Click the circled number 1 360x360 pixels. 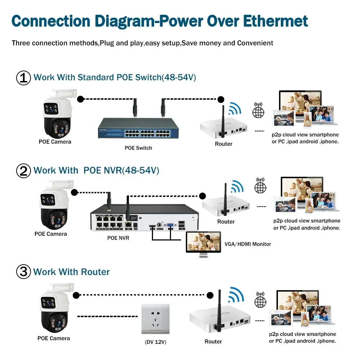pyautogui.click(x=24, y=78)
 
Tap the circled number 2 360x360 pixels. pyautogui.click(x=24, y=171)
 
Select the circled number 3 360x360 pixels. pyautogui.click(x=24, y=272)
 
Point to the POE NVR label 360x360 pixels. pyautogui.click(x=118, y=238)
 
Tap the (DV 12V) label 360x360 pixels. pyautogui.click(x=155, y=342)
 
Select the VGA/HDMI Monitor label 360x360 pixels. pyautogui.click(x=248, y=244)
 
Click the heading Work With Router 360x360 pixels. pyautogui.click(x=71, y=272)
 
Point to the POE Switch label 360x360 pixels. pyautogui.click(x=138, y=148)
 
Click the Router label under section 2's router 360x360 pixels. pyautogui.click(x=226, y=222)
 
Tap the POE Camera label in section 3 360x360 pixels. pyautogui.click(x=54, y=338)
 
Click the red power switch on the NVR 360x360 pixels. pyautogui.click(x=136, y=217)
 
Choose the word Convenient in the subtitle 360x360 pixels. pyautogui.click(x=255, y=43)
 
